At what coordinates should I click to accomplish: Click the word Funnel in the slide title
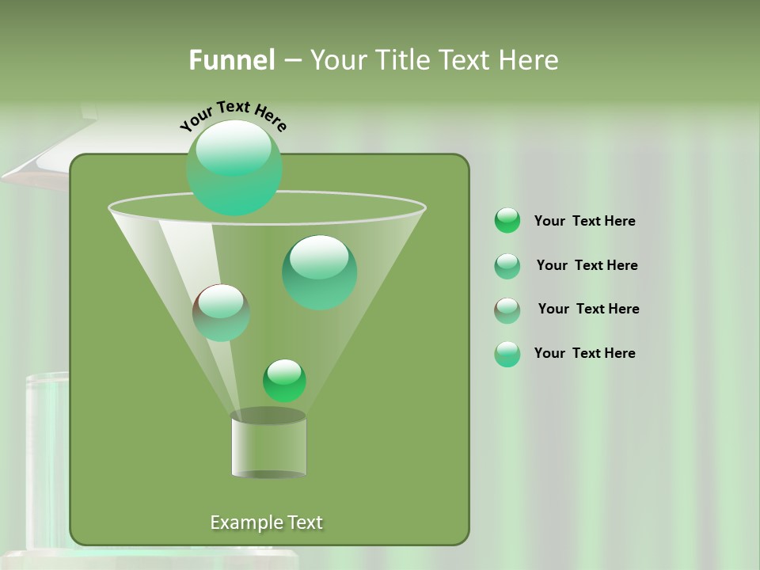coord(231,60)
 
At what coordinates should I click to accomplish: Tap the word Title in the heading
coord(400,60)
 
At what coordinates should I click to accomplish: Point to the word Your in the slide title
coord(338,60)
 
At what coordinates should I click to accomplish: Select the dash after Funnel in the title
coord(292,61)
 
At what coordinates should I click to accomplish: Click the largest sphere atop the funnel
coord(234,168)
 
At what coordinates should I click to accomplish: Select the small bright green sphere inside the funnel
coord(285,381)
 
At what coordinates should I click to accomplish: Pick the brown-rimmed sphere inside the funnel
coord(221,313)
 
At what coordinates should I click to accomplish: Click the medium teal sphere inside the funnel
coord(319,272)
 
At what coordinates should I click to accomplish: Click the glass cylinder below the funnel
coord(268,447)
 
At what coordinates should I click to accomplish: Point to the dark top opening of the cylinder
coord(268,416)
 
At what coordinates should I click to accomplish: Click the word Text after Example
coord(304,522)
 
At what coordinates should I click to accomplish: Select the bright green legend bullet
coord(507,221)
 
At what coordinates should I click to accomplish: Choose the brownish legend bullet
coord(507,310)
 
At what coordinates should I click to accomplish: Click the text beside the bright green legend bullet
coord(585,221)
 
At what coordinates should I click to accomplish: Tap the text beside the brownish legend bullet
coord(588,309)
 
